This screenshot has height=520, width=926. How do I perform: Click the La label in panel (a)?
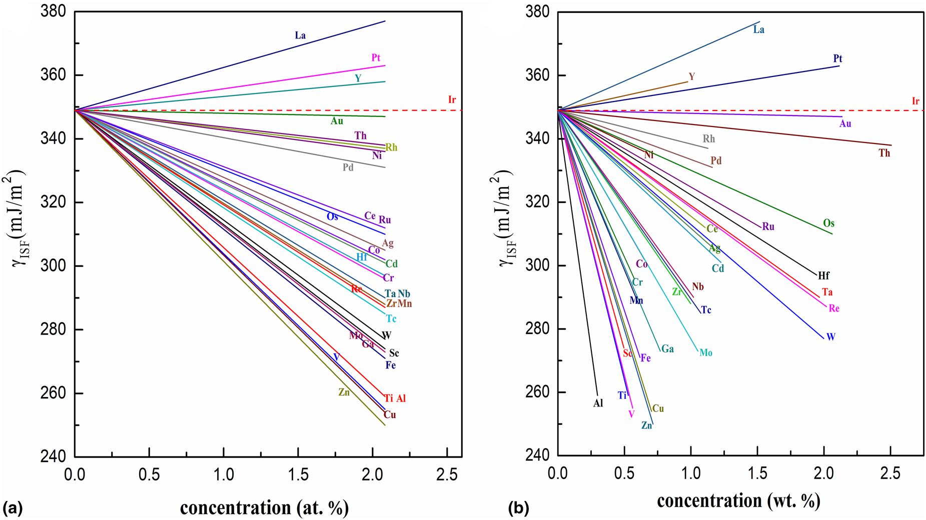coord(300,35)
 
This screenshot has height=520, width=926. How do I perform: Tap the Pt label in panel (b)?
coord(837,58)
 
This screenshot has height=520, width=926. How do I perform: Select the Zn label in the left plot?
coord(344,392)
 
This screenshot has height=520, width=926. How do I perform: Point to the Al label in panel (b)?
coord(598,403)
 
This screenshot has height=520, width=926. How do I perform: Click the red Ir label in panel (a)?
coord(452,100)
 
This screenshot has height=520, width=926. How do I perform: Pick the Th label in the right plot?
coord(884,153)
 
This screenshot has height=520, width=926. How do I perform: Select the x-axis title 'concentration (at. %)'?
coord(264,507)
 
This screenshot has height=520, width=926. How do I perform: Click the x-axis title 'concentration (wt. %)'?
coord(738,500)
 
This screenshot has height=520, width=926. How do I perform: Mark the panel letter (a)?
coord(13,509)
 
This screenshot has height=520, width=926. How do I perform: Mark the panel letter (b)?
coord(518,509)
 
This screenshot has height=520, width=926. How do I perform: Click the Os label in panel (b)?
coord(828,223)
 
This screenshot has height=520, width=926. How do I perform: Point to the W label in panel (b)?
coord(830,337)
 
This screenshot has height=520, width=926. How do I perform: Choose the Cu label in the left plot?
coord(389,415)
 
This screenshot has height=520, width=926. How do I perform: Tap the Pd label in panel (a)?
coord(348,167)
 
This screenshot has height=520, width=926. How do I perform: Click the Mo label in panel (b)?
coord(705,353)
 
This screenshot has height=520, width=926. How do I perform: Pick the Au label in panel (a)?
coord(337,121)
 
